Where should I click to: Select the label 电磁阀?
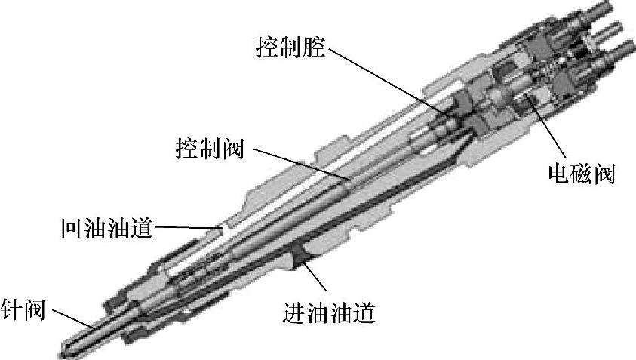point(582,174)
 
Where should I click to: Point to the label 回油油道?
point(106,227)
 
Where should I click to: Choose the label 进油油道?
point(329,311)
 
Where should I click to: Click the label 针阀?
point(23,309)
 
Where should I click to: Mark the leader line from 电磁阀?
point(547,133)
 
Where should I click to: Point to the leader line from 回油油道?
point(185,226)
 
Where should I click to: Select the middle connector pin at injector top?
point(607,32)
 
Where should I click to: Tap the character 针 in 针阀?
point(11,309)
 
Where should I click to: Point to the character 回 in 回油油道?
point(72,227)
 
